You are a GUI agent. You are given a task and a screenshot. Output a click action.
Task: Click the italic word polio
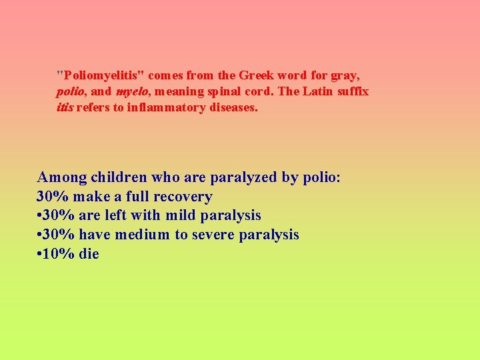69,92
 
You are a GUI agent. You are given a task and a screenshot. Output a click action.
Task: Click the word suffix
354,91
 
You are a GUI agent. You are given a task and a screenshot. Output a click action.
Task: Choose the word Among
62,178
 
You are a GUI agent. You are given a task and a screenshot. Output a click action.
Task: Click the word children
119,178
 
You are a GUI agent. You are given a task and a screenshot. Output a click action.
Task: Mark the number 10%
59,254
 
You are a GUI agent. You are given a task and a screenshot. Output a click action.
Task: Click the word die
89,254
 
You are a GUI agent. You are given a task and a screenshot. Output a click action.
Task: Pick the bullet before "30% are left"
39,216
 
